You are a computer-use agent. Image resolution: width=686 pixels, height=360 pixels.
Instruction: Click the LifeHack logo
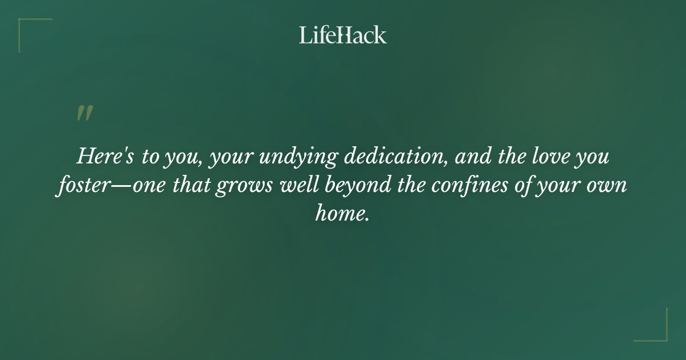[x=343, y=35]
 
